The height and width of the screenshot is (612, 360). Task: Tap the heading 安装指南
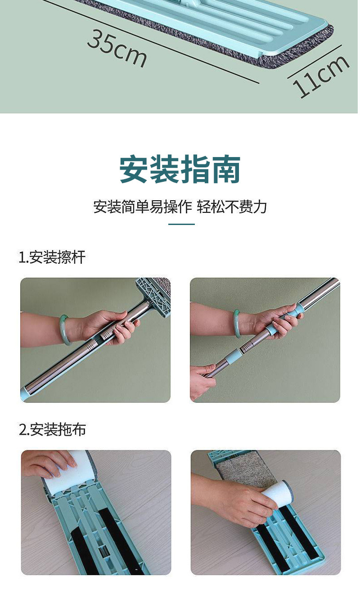point(180,169)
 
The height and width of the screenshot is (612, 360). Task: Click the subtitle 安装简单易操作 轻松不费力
point(180,207)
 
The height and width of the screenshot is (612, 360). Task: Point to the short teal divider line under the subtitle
point(181,224)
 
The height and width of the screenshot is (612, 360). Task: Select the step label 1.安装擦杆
point(52,257)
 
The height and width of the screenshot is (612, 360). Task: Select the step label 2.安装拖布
point(52,429)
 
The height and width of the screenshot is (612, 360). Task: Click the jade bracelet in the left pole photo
point(64,330)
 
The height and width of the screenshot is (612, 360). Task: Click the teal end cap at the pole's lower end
point(24,394)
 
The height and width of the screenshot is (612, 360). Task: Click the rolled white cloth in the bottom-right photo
point(276,494)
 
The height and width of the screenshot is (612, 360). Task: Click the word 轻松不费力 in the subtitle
point(232,207)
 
